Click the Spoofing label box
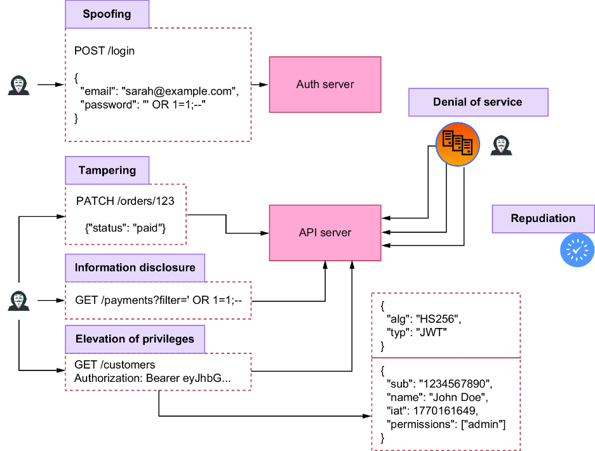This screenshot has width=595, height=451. (107, 14)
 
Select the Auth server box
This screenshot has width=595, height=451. (325, 84)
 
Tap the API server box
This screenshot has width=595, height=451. (325, 233)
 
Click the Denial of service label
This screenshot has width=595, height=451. (478, 102)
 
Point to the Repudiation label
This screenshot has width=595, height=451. (544, 219)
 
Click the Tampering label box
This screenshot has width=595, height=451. (107, 170)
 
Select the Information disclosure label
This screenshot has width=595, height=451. (135, 268)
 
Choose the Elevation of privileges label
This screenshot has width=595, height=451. (135, 339)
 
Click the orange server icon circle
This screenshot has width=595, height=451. (458, 145)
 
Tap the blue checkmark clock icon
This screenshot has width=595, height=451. (577, 250)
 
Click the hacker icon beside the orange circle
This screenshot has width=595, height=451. (501, 145)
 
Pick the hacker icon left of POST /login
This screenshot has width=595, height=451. (18, 85)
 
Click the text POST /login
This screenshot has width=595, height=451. (104, 51)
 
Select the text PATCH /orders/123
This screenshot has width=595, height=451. (125, 201)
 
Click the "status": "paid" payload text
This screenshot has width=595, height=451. (126, 228)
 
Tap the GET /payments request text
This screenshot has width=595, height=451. (159, 300)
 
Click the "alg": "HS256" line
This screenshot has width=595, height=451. (424, 319)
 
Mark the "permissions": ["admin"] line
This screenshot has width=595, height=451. (446, 424)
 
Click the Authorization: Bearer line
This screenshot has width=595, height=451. (152, 378)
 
